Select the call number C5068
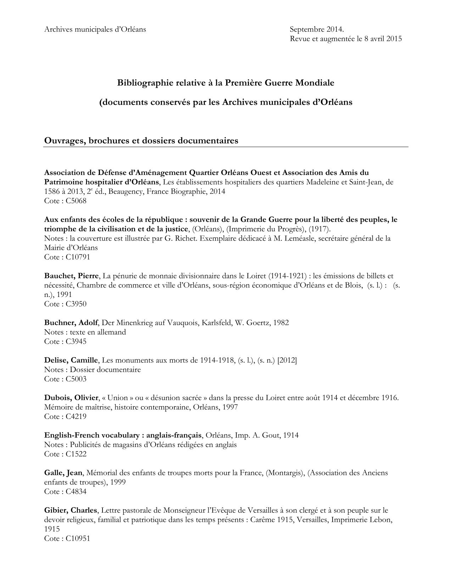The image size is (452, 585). click(x=76, y=201)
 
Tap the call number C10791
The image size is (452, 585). click(x=78, y=257)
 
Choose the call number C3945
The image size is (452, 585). click(x=76, y=341)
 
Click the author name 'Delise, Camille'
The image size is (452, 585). click(x=71, y=360)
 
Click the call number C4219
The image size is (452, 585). click(x=76, y=416)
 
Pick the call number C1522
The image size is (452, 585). click(x=76, y=454)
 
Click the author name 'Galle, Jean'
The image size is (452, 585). click(x=63, y=473)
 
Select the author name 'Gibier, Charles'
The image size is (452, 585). click(x=71, y=510)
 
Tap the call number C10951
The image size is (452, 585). click(x=78, y=538)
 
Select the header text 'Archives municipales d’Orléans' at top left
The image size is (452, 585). click(x=95, y=29)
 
